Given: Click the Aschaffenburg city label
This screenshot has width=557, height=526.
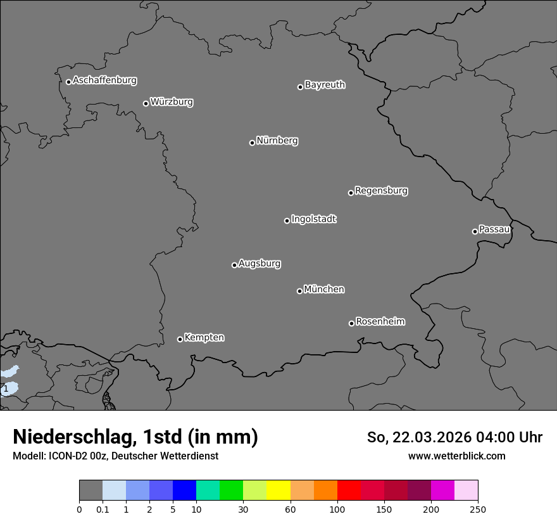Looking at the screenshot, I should pyautogui.click(x=104, y=80).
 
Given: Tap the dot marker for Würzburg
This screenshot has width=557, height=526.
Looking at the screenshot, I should pyautogui.click(x=146, y=103).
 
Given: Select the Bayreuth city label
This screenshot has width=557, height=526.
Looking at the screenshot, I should pyautogui.click(x=325, y=85).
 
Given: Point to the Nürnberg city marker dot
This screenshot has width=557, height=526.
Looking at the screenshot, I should pyautogui.click(x=252, y=143).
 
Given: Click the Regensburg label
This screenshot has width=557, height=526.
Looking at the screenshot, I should pyautogui.click(x=381, y=191).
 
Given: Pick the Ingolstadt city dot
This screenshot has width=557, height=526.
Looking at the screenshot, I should pyautogui.click(x=287, y=221).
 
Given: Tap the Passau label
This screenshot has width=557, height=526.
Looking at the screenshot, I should pyautogui.click(x=494, y=229).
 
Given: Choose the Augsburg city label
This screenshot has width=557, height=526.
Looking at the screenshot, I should pyautogui.click(x=260, y=264).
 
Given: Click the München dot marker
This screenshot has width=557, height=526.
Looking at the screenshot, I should pyautogui.click(x=299, y=291).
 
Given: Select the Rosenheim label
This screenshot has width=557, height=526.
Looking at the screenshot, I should pyautogui.click(x=380, y=322).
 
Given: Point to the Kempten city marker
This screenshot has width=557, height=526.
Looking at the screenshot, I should pyautogui.click(x=180, y=339).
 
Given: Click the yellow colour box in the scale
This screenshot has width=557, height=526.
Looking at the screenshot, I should pyautogui.click(x=278, y=491).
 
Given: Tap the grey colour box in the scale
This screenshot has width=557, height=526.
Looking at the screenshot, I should pyautogui.click(x=91, y=491).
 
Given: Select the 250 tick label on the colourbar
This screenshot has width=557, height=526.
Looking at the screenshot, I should pyautogui.click(x=478, y=509).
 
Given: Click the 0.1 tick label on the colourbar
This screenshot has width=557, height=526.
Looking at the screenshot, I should pyautogui.click(x=103, y=509).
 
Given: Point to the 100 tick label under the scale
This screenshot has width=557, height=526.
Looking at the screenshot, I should pyautogui.click(x=337, y=509).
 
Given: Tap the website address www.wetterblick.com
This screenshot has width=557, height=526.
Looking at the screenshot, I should pyautogui.click(x=456, y=456).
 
